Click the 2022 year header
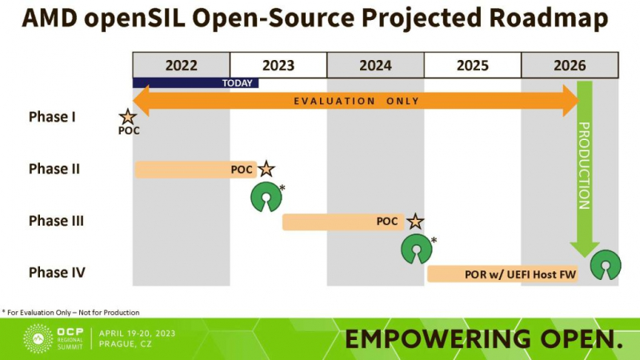click(182, 66)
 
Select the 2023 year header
click(278, 66)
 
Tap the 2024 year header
click(375, 66)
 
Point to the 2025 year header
click(472, 66)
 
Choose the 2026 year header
click(570, 66)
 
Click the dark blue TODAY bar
click(195, 82)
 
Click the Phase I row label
click(52, 117)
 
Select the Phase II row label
click(54, 169)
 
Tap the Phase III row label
click(56, 221)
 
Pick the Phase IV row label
click(57, 273)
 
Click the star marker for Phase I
click(128, 118)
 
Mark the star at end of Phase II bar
click(266, 169)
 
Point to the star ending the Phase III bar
click(415, 222)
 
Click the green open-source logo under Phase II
click(266, 197)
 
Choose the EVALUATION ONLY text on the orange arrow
click(356, 101)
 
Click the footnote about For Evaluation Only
click(70, 312)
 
